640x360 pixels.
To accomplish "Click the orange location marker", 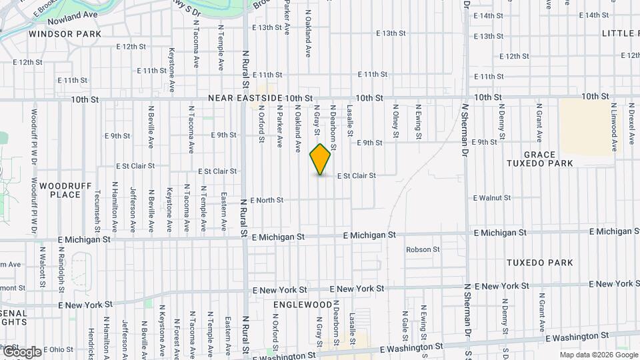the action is pos(321,159).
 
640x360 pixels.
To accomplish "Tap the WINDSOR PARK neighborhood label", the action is pos(65,33).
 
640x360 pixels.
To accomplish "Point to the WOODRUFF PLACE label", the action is pos(60,190).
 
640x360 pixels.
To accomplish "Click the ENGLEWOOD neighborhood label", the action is pos(303,304).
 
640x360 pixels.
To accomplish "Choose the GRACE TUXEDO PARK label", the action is pos(539,159).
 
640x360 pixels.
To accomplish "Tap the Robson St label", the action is pos(423,249).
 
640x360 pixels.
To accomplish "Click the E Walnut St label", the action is pos(492,198).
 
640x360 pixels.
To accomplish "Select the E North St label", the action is pos(267,200).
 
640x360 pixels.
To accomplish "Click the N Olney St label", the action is pos(395,121).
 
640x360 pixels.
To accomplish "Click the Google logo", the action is pos(21,351).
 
